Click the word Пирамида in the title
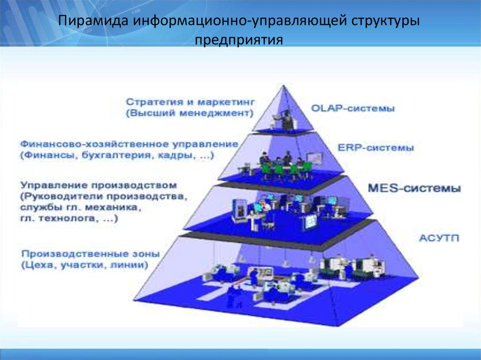pyautogui.click(x=93, y=21)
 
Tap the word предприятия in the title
pyautogui.click(x=239, y=40)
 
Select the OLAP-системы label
pyautogui.click(x=353, y=108)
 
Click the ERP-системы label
pyautogui.click(x=376, y=148)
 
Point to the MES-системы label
pyautogui.click(x=414, y=188)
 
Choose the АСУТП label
pyautogui.click(x=439, y=238)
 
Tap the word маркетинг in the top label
pyautogui.click(x=226, y=102)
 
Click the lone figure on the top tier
pyautogui.click(x=287, y=119)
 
